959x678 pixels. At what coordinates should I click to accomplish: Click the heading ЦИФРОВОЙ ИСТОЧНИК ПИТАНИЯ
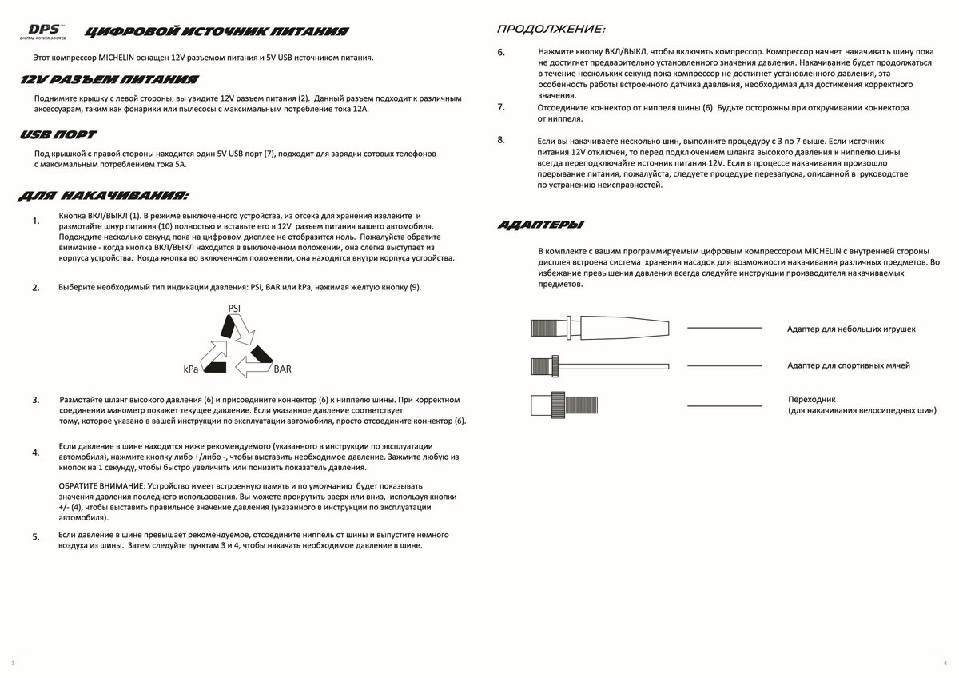[216, 32]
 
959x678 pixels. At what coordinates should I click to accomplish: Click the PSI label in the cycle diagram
[234, 308]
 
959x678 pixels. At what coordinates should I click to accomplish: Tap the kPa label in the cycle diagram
[190, 369]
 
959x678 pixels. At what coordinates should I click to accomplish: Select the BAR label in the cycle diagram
[282, 369]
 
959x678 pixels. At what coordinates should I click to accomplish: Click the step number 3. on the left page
[36, 400]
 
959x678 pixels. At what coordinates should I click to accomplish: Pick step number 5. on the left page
[36, 537]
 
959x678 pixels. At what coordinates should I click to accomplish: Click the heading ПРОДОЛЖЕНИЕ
[551, 30]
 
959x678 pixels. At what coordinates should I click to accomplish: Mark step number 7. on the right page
[501, 106]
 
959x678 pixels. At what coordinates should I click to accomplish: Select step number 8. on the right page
[501, 140]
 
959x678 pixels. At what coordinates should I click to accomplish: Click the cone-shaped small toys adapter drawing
[599, 328]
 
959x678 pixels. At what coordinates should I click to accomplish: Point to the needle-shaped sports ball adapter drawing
[599, 366]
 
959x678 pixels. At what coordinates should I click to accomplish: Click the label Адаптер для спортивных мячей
[848, 365]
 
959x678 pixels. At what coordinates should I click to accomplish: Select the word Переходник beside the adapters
[811, 398]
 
